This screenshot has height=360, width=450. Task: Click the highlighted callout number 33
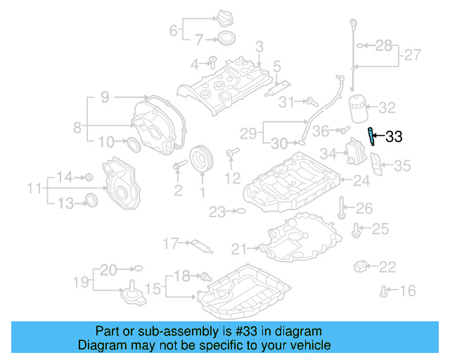pyautogui.click(x=394, y=137)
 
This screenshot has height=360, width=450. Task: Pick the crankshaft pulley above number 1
pyautogui.click(x=202, y=158)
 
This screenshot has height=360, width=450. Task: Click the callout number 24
pyautogui.click(x=361, y=181)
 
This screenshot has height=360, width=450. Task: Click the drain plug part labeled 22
pyautogui.click(x=361, y=266)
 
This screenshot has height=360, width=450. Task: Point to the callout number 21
pyautogui.click(x=239, y=248)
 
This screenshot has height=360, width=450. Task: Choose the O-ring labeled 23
pyautogui.click(x=239, y=211)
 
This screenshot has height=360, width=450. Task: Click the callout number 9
pyautogui.click(x=105, y=97)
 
